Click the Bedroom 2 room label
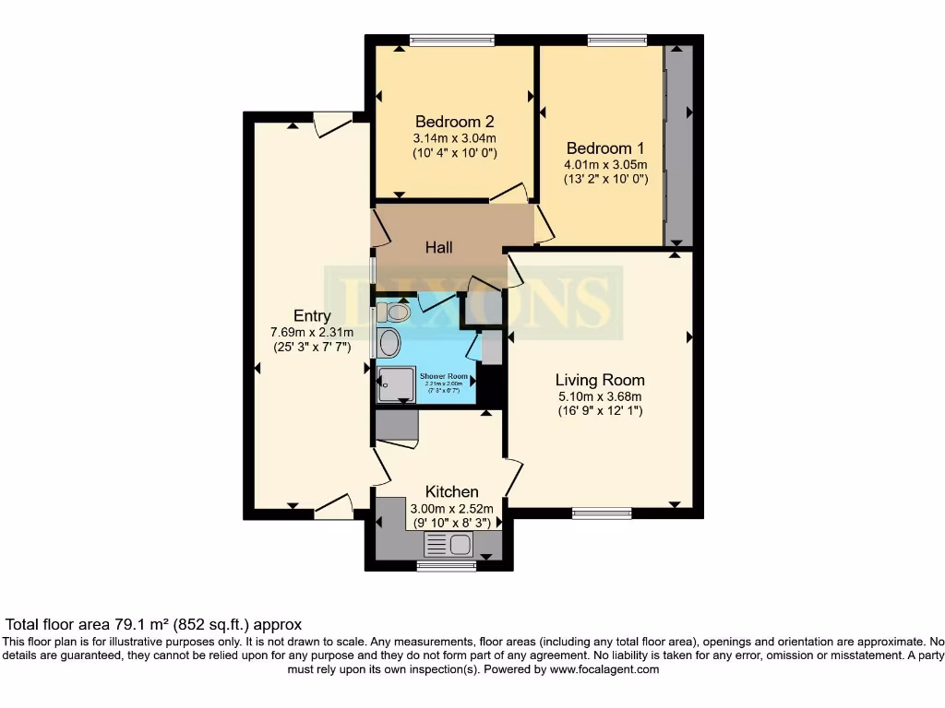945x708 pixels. (455, 122)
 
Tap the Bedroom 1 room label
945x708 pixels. (605, 148)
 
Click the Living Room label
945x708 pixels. (600, 380)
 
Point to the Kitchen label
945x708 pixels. (451, 491)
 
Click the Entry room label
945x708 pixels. (312, 316)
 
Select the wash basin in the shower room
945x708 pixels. (389, 343)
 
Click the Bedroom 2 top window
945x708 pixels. (451, 40)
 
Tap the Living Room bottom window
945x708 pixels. (602, 513)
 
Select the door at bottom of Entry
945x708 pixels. (334, 505)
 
